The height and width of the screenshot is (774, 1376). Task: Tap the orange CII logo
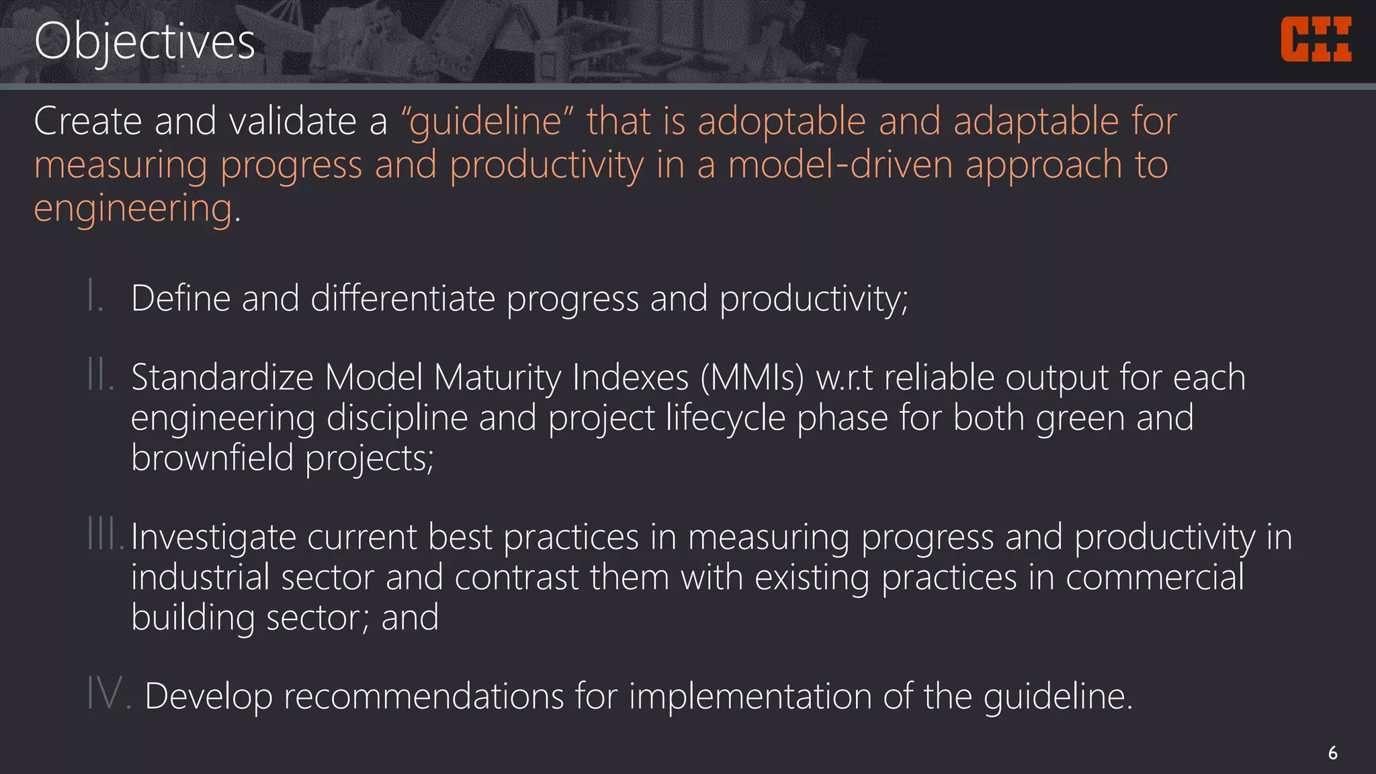pos(1316,40)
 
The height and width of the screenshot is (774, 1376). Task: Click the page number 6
pos(1332,753)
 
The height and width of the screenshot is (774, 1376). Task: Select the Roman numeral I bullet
pos(94,297)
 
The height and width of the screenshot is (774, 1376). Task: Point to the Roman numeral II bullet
pos(99,376)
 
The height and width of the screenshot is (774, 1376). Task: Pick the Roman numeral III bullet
pos(105,535)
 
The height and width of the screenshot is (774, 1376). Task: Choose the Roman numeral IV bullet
pos(107,693)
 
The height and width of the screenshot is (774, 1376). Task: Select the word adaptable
pos(1035,122)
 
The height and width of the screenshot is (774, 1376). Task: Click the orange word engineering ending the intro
pos(133,208)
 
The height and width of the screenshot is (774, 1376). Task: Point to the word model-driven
pos(841,165)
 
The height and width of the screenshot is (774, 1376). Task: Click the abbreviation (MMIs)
pos(752,377)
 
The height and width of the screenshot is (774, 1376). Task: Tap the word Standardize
pos(222,377)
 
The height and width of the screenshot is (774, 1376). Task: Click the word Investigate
pos(213,537)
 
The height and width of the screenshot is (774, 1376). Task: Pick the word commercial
pos(1154,577)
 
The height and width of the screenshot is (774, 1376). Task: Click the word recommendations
pos(423,695)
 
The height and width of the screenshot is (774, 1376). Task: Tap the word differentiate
pos(402,298)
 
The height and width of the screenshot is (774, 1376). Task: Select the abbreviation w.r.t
pos(845,377)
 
